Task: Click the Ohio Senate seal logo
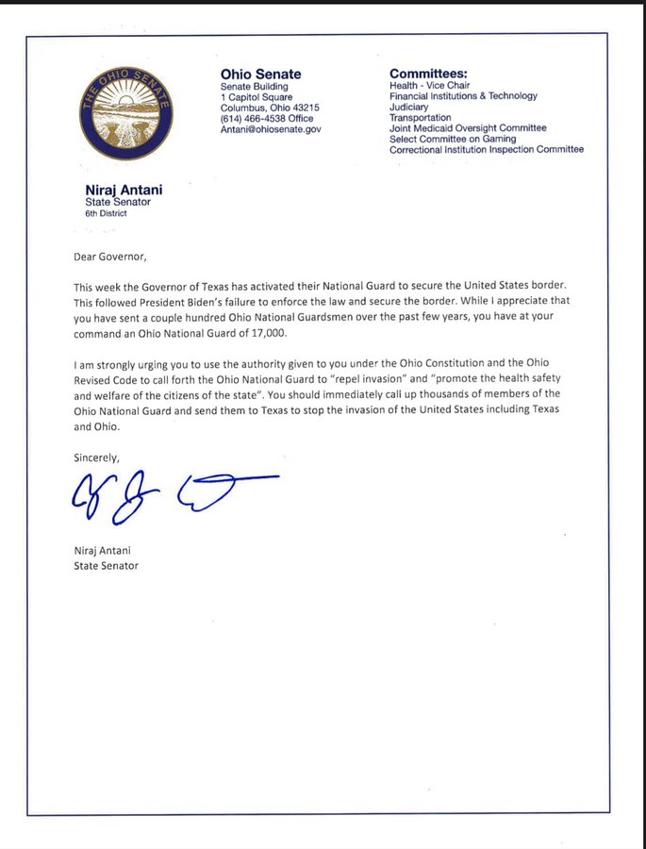click(x=125, y=112)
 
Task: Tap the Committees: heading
click(x=428, y=74)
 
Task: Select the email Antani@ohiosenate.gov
click(x=270, y=129)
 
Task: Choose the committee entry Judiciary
click(x=408, y=107)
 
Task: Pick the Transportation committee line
click(x=421, y=118)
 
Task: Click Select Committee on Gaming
click(x=453, y=139)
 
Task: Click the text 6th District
click(x=106, y=213)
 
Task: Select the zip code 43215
click(x=303, y=108)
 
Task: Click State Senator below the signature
click(x=106, y=566)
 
